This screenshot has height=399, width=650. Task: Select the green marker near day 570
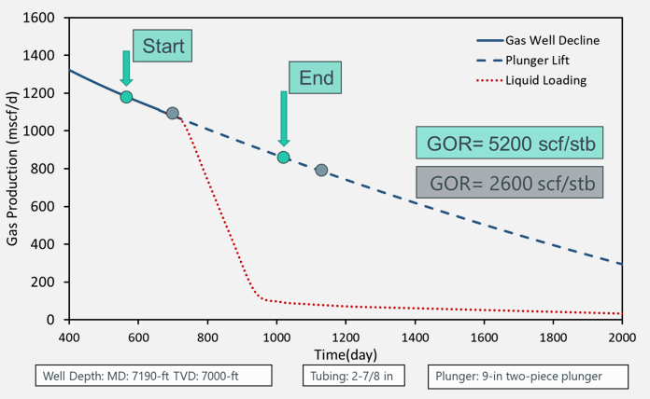point(127,97)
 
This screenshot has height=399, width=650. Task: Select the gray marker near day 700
point(173,113)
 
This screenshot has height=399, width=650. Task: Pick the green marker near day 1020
point(283,158)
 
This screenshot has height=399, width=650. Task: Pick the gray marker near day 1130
point(321,171)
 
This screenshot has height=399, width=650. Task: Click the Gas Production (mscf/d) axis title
point(13,168)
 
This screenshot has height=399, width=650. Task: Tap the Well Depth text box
point(155,377)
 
